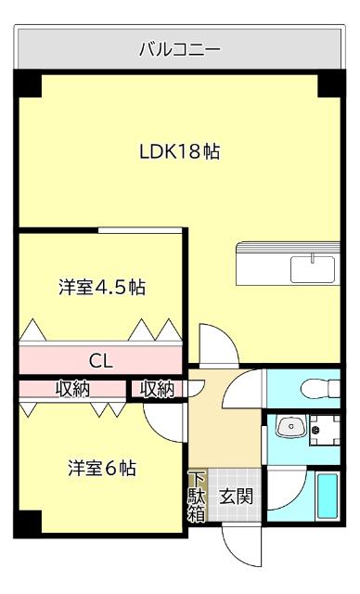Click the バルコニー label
click(x=179, y=48)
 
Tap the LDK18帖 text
click(x=179, y=151)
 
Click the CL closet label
click(x=101, y=360)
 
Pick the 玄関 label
click(x=236, y=497)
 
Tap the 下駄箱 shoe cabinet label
click(x=196, y=497)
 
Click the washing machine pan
click(x=324, y=431)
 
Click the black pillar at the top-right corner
click(x=329, y=84)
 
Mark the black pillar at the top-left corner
click(x=29, y=84)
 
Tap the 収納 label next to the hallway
click(x=157, y=389)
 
